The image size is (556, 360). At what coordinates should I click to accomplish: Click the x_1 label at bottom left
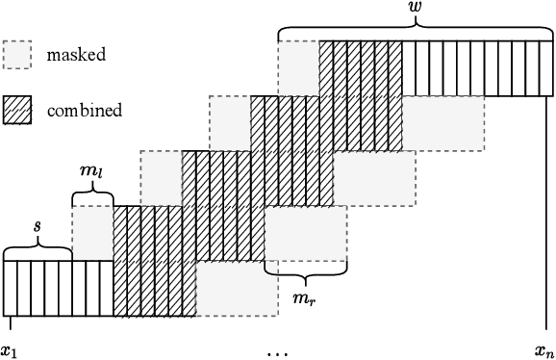tap(10, 350)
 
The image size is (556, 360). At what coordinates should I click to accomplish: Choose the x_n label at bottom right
tap(544, 350)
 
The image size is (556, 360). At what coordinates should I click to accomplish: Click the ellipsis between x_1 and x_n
tap(278, 352)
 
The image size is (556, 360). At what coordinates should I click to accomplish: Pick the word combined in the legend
tap(85, 110)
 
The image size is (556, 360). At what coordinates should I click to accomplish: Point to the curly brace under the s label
tap(37, 252)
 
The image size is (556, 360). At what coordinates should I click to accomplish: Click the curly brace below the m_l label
tap(92, 196)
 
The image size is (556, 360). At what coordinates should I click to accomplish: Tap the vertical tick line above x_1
tap(4, 326)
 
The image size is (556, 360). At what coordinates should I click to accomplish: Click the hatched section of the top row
tap(361, 68)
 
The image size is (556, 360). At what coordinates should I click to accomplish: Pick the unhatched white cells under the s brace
tap(58, 289)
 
